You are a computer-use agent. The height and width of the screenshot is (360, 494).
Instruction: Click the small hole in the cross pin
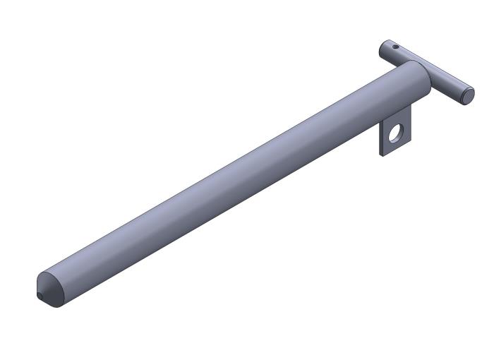click(x=396, y=47)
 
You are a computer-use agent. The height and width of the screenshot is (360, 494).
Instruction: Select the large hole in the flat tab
click(x=394, y=132)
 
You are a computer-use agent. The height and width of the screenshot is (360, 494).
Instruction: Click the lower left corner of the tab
click(x=385, y=154)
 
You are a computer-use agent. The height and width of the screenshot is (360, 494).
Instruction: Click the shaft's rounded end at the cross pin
click(x=422, y=78)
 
